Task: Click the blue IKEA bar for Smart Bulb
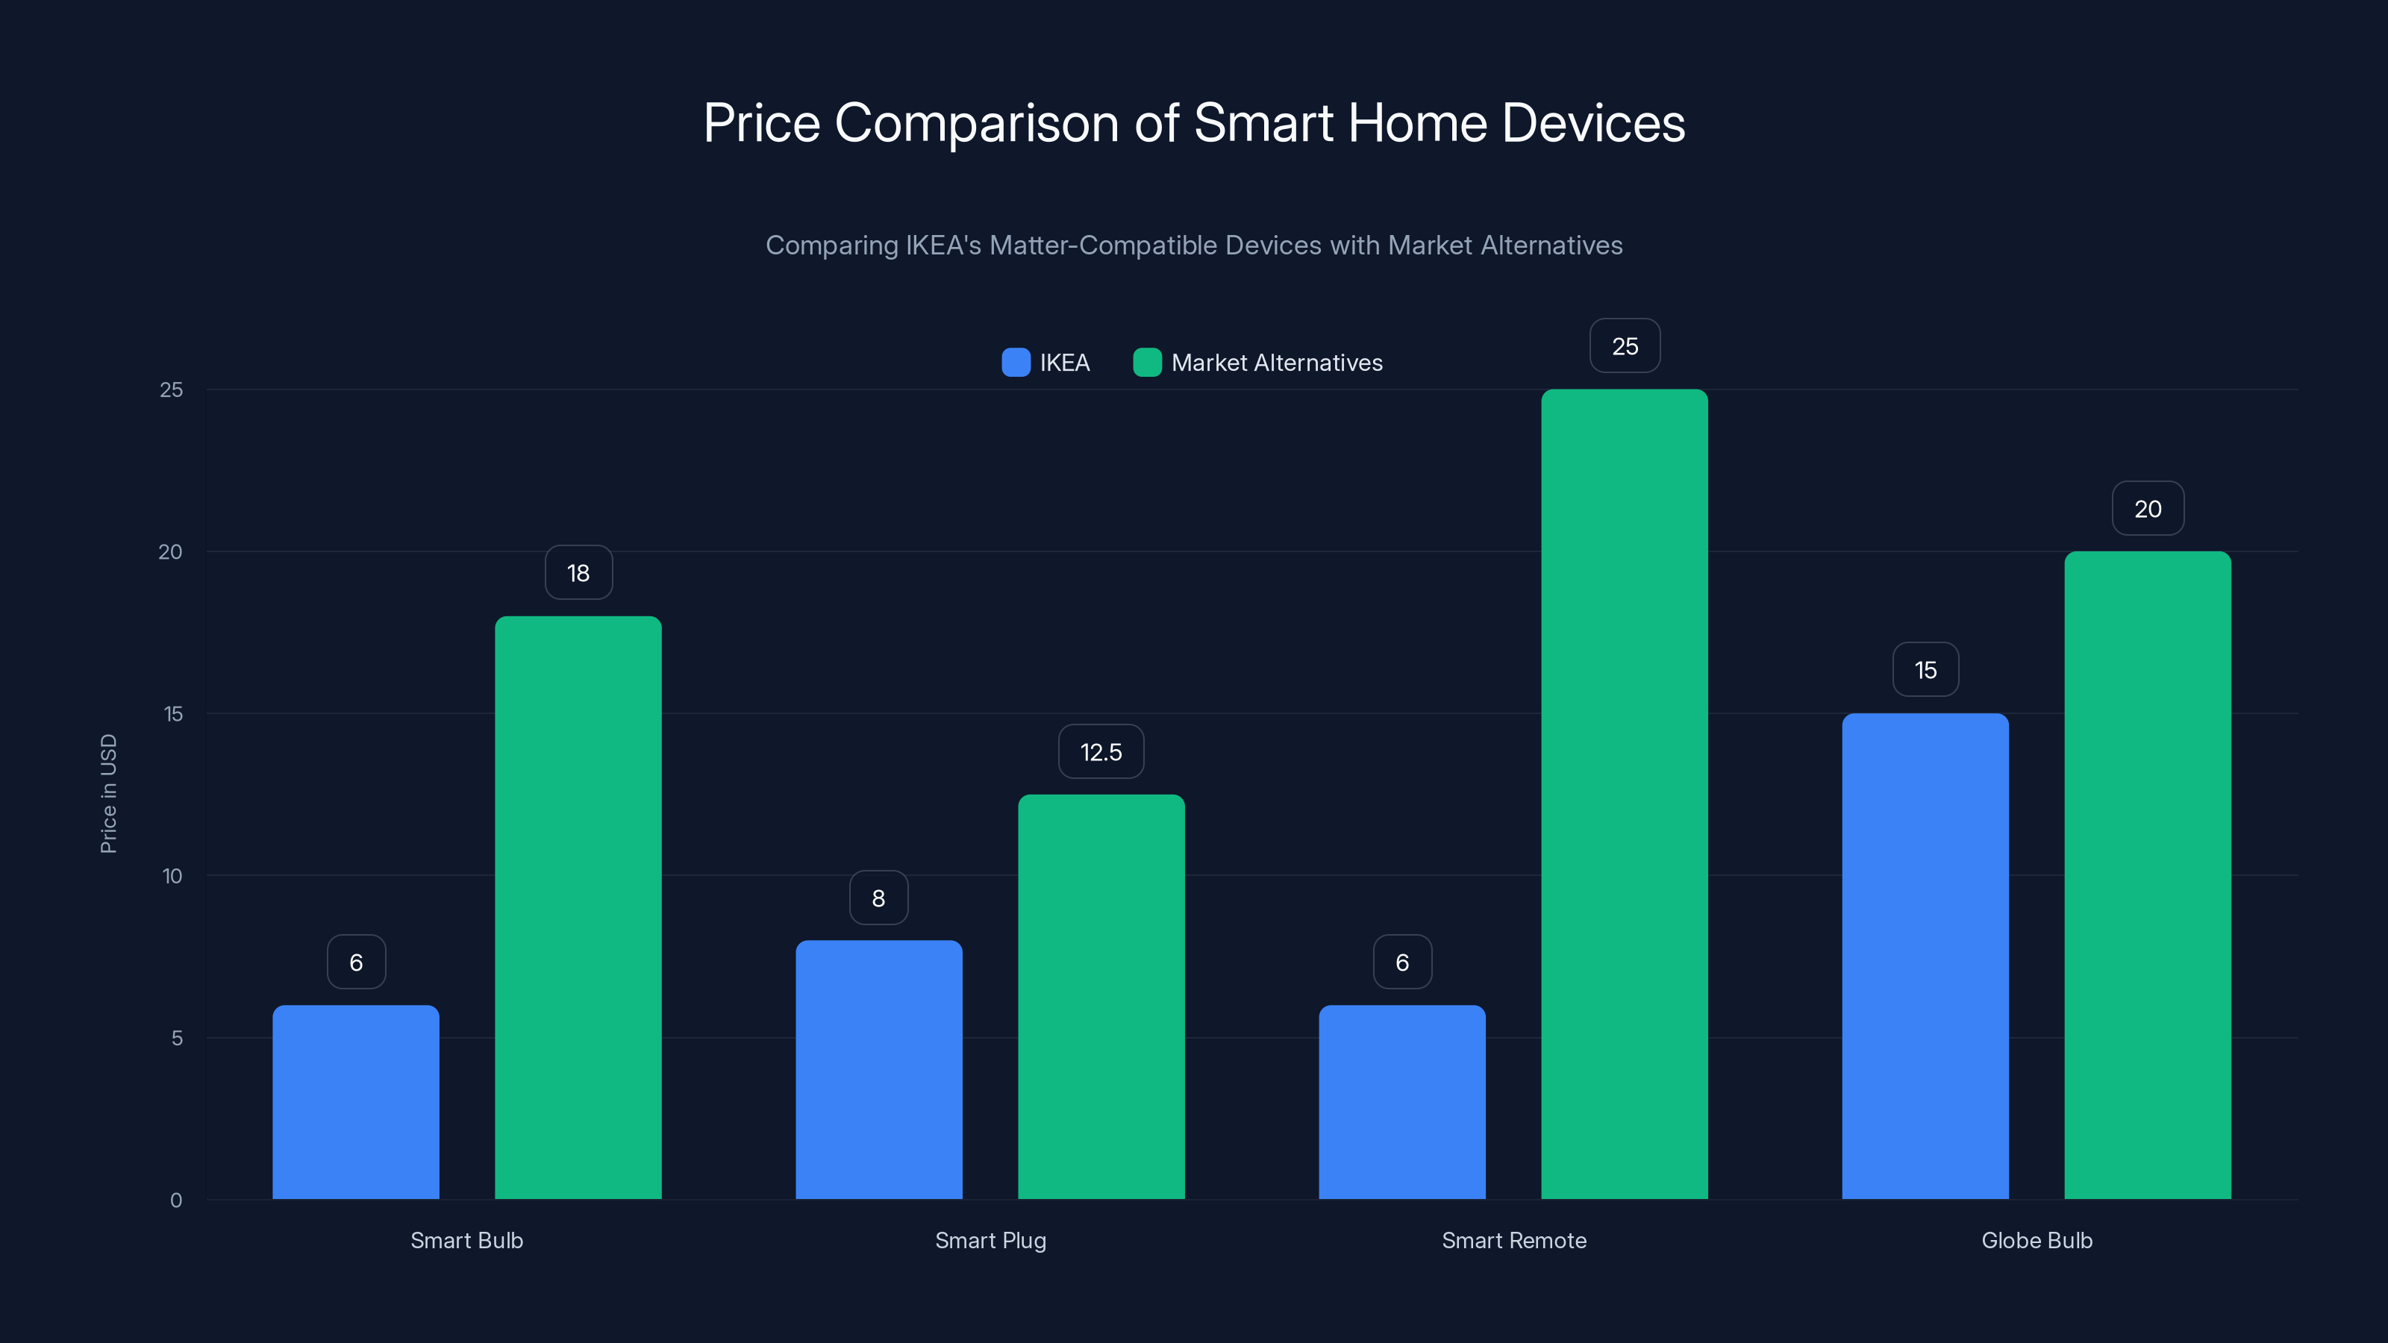point(356,1102)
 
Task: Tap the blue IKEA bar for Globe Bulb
point(1925,956)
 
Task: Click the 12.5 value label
point(1101,751)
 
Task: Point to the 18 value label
point(578,573)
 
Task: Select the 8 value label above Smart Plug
point(879,898)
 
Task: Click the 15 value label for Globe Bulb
point(1925,670)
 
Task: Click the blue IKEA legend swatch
point(1016,363)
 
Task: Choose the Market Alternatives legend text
point(1277,363)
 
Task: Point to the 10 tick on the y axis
point(172,876)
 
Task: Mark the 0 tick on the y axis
point(176,1200)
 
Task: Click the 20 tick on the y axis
point(171,551)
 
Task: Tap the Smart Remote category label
point(1514,1240)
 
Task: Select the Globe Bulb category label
point(2037,1240)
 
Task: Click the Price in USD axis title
point(108,793)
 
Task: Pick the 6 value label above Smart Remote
point(1401,962)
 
